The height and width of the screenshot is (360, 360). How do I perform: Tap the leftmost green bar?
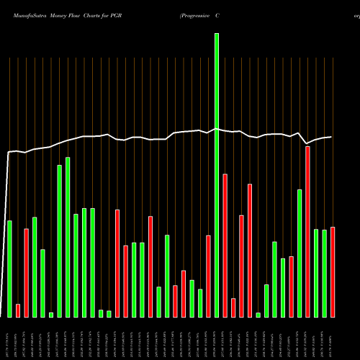coord(9,269)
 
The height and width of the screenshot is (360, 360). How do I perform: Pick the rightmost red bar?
coord(333,271)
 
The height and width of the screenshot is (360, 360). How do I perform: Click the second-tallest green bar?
coord(68,237)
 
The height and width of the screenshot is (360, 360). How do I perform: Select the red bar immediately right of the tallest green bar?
coord(225,245)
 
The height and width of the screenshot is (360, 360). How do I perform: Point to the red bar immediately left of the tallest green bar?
coord(208,276)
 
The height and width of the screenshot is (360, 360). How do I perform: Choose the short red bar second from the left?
coord(18,310)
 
